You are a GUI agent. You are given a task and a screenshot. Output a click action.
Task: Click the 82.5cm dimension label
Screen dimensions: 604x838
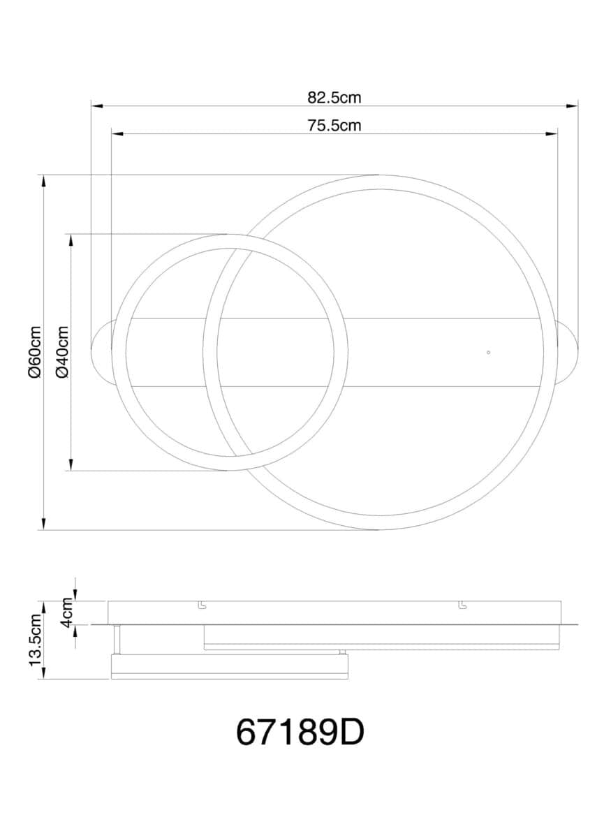[334, 98]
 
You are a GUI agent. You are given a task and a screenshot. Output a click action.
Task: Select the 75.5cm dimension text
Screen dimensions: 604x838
[334, 125]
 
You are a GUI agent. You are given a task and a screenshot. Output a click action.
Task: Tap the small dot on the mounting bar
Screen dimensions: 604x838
[488, 352]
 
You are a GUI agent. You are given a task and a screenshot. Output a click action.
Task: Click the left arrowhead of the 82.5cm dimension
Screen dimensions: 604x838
[97, 106]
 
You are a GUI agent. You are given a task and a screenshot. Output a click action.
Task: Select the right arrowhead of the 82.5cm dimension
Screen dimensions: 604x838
[572, 106]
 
